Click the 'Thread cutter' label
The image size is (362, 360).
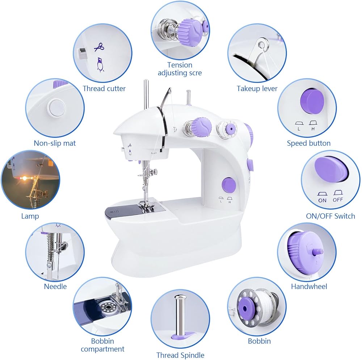(x=104, y=88)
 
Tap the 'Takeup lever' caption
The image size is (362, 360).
(x=257, y=88)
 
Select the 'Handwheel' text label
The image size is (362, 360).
(x=309, y=286)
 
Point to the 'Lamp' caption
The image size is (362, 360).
(x=30, y=216)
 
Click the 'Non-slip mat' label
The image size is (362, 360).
(x=55, y=143)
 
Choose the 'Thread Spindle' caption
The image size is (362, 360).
(x=180, y=355)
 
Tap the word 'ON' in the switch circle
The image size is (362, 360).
(x=322, y=200)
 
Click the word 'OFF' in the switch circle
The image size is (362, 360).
(x=338, y=199)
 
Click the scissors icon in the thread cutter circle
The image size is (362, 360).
(x=99, y=47)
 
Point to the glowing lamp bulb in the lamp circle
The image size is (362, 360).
(x=24, y=178)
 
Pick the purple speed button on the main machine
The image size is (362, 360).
(x=228, y=185)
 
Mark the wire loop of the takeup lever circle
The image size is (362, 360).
(x=262, y=46)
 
